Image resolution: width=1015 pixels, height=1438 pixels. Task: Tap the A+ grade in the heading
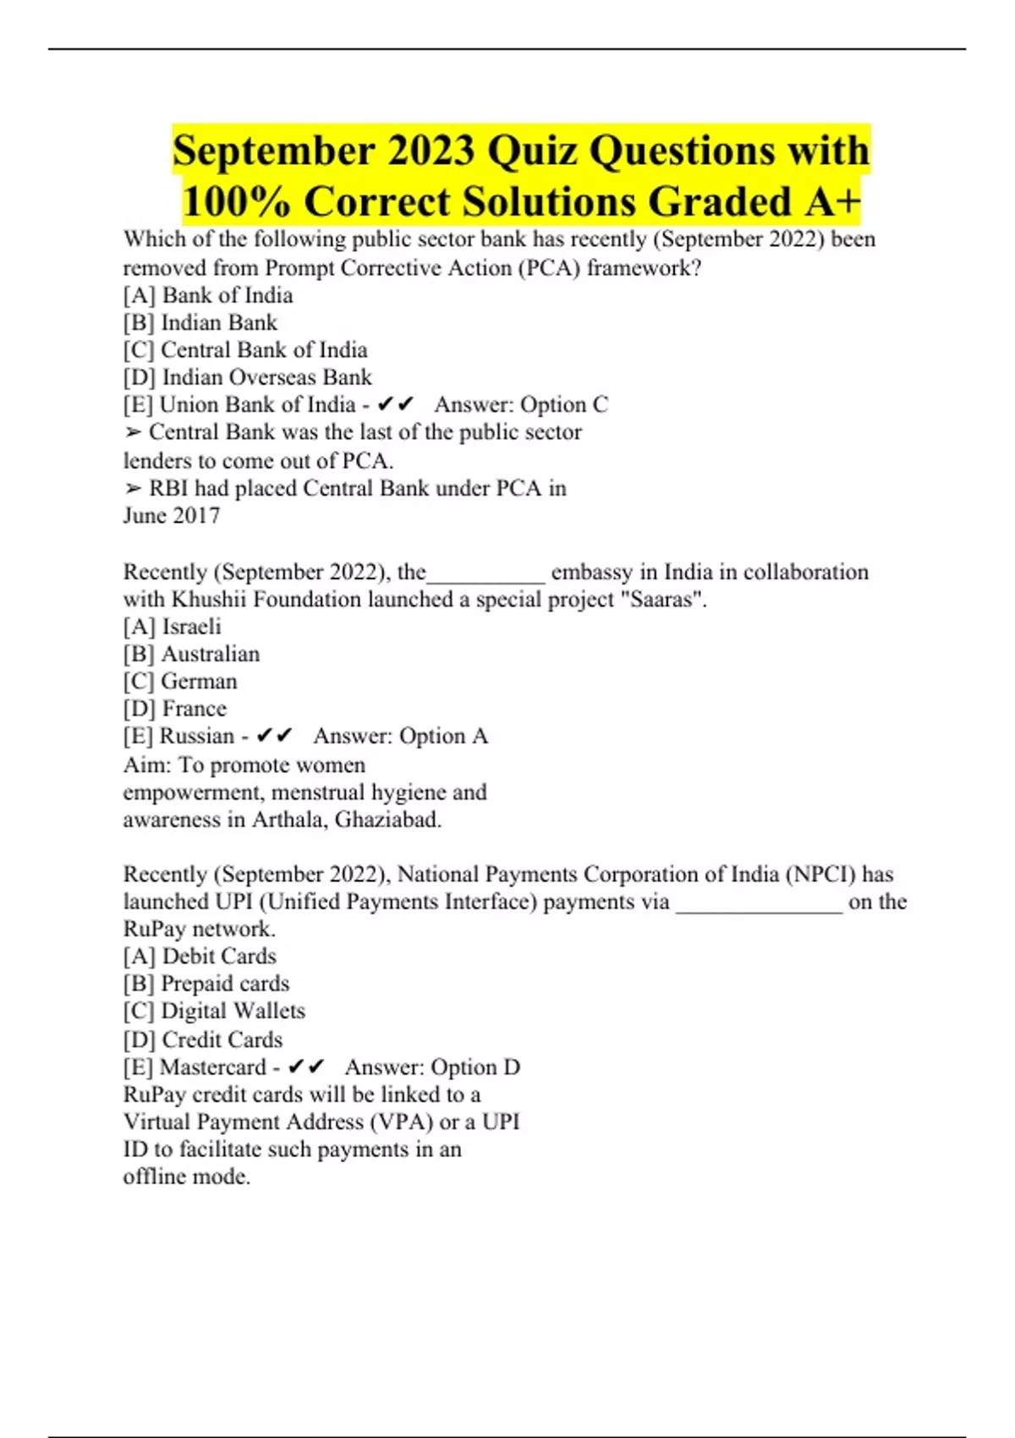coord(833,202)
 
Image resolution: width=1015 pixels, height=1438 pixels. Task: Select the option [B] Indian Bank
coord(200,323)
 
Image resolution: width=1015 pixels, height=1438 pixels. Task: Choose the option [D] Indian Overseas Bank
coord(247,377)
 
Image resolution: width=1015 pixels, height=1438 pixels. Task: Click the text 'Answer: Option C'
coord(521,405)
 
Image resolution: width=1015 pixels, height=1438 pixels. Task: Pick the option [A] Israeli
coord(172,627)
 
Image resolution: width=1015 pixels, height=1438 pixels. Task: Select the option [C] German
coord(180,682)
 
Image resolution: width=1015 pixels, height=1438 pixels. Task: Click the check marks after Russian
coord(275,736)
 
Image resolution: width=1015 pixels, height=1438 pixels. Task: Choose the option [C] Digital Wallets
coord(214,1011)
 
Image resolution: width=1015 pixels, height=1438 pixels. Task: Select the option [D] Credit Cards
coord(202,1040)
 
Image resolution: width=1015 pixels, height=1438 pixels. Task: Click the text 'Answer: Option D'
coord(432,1068)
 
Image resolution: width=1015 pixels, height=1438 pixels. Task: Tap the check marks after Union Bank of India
coord(396,405)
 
